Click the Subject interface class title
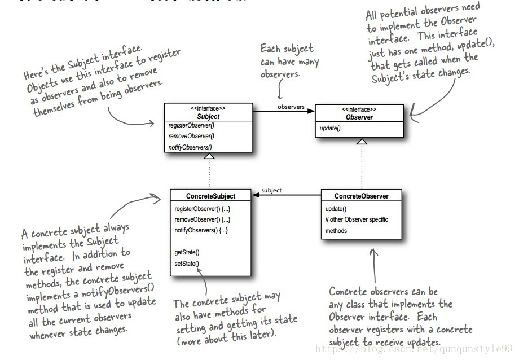[208, 117]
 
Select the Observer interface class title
[359, 117]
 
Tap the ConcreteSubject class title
[210, 196]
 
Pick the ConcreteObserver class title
[361, 196]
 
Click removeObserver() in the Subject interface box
[191, 136]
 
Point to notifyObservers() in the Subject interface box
[191, 147]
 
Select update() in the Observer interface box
[331, 129]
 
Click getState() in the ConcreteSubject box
[187, 252]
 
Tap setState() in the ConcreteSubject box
[187, 263]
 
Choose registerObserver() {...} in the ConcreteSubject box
[203, 209]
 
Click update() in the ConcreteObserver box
[336, 209]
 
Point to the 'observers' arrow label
[291, 107]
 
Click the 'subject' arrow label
[271, 191]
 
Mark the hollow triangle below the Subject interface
[209, 156]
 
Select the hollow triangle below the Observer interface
[362, 142]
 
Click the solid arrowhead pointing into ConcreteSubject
[256, 195]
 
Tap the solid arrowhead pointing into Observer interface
[311, 111]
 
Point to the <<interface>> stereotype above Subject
[208, 108]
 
